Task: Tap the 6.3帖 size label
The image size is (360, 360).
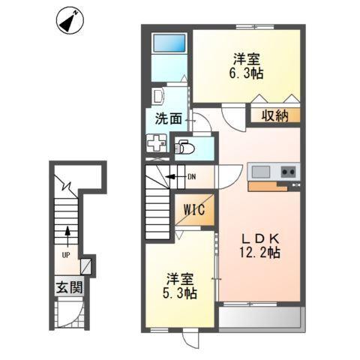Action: pos(244,73)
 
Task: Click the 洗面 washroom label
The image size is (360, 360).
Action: pos(168,118)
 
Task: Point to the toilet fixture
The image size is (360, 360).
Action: pos(184,147)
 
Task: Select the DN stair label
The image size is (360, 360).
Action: pos(192,177)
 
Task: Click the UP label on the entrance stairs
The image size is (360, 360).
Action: pos(66,254)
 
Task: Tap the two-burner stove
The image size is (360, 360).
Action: pos(288,172)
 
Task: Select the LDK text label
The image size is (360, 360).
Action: pos(257,236)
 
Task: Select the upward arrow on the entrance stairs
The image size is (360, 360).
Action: pos(67,236)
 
